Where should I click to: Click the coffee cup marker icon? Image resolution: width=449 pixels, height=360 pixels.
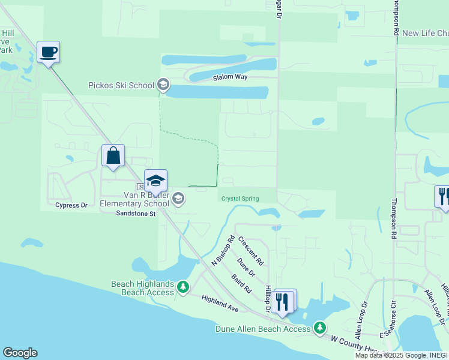48,52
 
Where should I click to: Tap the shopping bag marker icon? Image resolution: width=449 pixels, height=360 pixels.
113,156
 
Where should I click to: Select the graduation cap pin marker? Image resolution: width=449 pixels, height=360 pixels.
155,181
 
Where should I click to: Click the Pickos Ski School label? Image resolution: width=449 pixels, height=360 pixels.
121,85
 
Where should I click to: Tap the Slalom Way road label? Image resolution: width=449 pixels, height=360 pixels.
231,78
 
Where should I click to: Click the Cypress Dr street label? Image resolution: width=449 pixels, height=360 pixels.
71,205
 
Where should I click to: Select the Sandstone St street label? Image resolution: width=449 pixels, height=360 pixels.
136,213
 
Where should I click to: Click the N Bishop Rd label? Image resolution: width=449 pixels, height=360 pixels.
223,251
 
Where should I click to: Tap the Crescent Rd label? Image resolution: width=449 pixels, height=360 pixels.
251,251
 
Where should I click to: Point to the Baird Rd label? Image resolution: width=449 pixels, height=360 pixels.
241,283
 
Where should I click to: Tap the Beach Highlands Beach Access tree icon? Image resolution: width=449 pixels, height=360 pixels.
182,288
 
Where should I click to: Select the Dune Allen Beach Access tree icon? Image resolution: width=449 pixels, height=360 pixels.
321,328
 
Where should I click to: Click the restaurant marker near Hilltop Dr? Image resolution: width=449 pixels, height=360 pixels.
283,301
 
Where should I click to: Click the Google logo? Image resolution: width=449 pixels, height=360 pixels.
20,353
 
